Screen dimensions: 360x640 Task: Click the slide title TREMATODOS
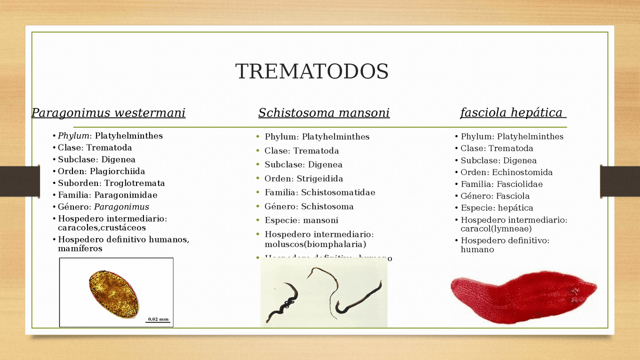[x=311, y=71]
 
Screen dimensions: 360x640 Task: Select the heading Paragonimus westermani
[x=108, y=113]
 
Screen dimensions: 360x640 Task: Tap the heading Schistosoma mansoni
[x=323, y=113]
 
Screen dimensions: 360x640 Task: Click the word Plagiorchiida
[x=117, y=171]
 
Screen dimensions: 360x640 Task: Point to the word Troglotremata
[x=134, y=183]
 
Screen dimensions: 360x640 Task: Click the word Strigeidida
[x=320, y=178]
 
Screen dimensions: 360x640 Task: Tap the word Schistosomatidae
[x=338, y=192]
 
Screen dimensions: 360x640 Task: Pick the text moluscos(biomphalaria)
[x=315, y=244]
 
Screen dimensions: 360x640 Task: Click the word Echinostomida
[x=522, y=172]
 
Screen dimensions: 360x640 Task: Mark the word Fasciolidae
[x=519, y=184]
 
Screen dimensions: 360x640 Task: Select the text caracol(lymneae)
[x=496, y=229]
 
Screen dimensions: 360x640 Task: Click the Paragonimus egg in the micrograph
[x=114, y=294]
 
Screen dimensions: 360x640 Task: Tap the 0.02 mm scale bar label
[x=158, y=318]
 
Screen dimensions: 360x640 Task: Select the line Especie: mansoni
[x=301, y=220]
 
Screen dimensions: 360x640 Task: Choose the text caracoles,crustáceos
[x=101, y=228]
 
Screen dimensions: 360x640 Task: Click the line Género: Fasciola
[x=495, y=196]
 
